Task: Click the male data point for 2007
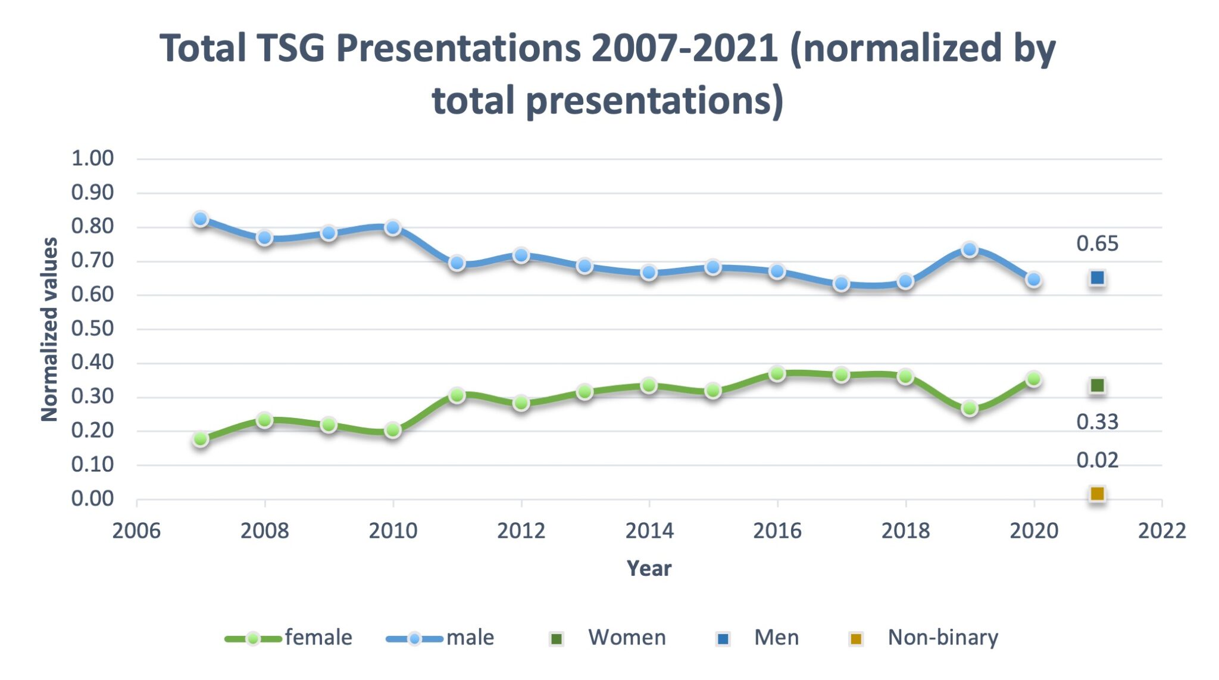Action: coord(201,219)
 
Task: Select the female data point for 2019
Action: coord(970,408)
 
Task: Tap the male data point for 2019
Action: coord(970,249)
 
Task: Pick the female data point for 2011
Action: coord(457,395)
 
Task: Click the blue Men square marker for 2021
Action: coord(1097,278)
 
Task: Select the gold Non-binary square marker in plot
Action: coord(1097,494)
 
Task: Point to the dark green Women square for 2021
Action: coord(1097,386)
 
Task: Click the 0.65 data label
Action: coord(1097,244)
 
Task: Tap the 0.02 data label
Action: coord(1097,460)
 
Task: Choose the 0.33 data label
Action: coord(1097,422)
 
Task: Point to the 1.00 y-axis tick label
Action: coord(92,158)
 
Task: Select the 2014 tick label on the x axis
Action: coord(649,531)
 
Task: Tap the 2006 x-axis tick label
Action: coord(136,531)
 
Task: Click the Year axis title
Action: coord(649,569)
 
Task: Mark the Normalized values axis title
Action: coord(50,329)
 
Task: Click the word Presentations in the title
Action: coord(458,48)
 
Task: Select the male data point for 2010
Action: coord(393,227)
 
